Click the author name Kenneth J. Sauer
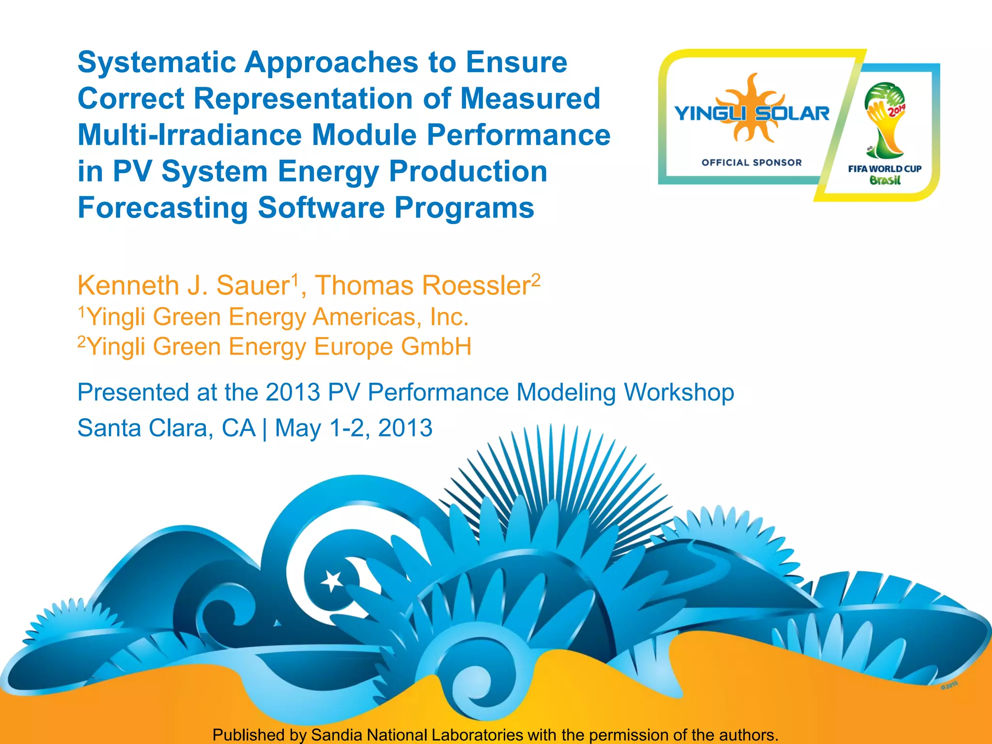point(183,285)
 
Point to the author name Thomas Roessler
point(422,285)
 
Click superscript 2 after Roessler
point(535,279)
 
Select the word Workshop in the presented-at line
point(679,392)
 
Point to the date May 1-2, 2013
point(353,428)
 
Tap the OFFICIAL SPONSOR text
point(751,163)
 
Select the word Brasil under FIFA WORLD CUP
point(884,181)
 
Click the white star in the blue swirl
point(332,580)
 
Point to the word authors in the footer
point(745,735)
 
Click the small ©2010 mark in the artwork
point(949,685)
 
